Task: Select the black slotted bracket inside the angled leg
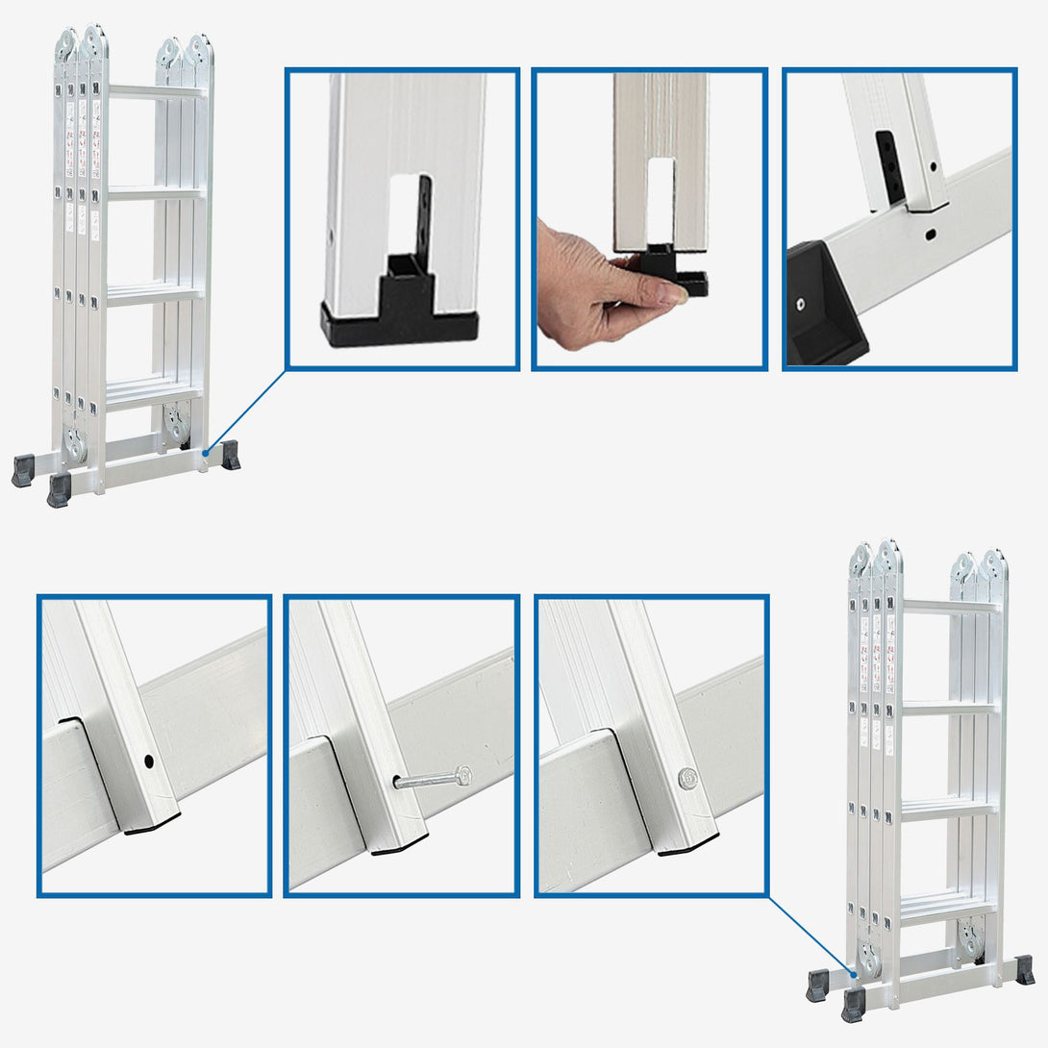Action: [890, 165]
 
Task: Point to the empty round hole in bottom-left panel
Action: [148, 761]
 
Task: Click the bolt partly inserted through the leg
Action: [433, 779]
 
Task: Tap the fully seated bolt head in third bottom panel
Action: [687, 778]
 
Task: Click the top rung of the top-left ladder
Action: [156, 92]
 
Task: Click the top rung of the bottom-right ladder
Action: [950, 607]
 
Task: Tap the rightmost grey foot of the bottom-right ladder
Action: [1024, 969]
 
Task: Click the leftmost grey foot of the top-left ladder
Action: [22, 470]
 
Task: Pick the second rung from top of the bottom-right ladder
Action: [950, 708]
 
